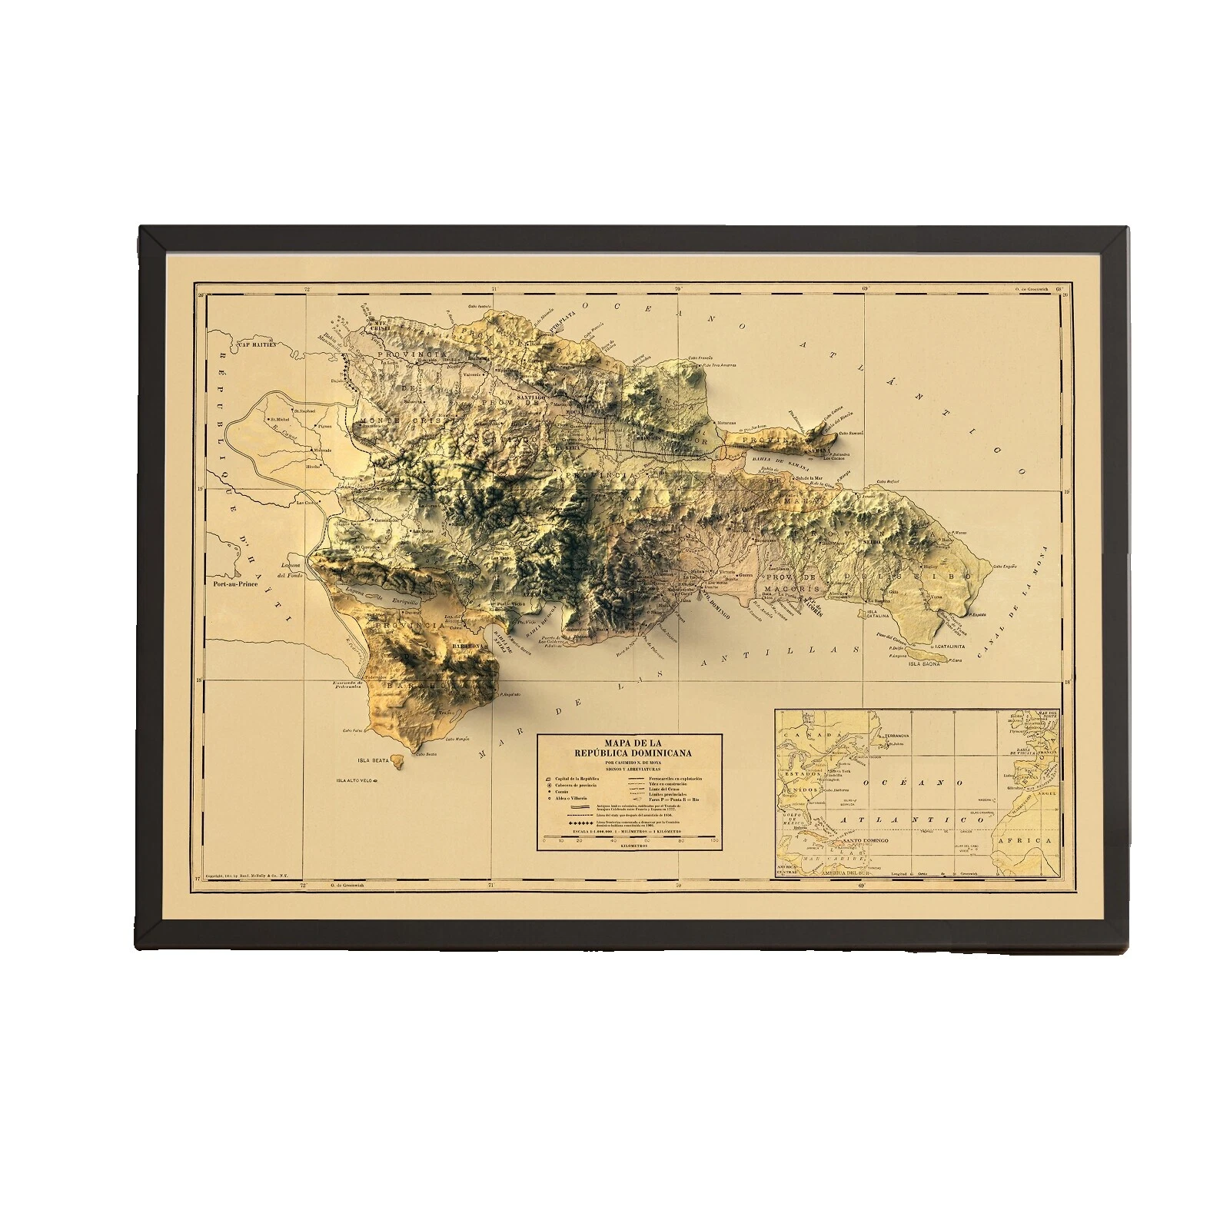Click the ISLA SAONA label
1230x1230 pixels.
click(x=924, y=663)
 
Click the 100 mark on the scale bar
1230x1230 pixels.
click(x=716, y=842)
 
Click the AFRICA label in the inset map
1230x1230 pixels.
click(x=1033, y=841)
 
